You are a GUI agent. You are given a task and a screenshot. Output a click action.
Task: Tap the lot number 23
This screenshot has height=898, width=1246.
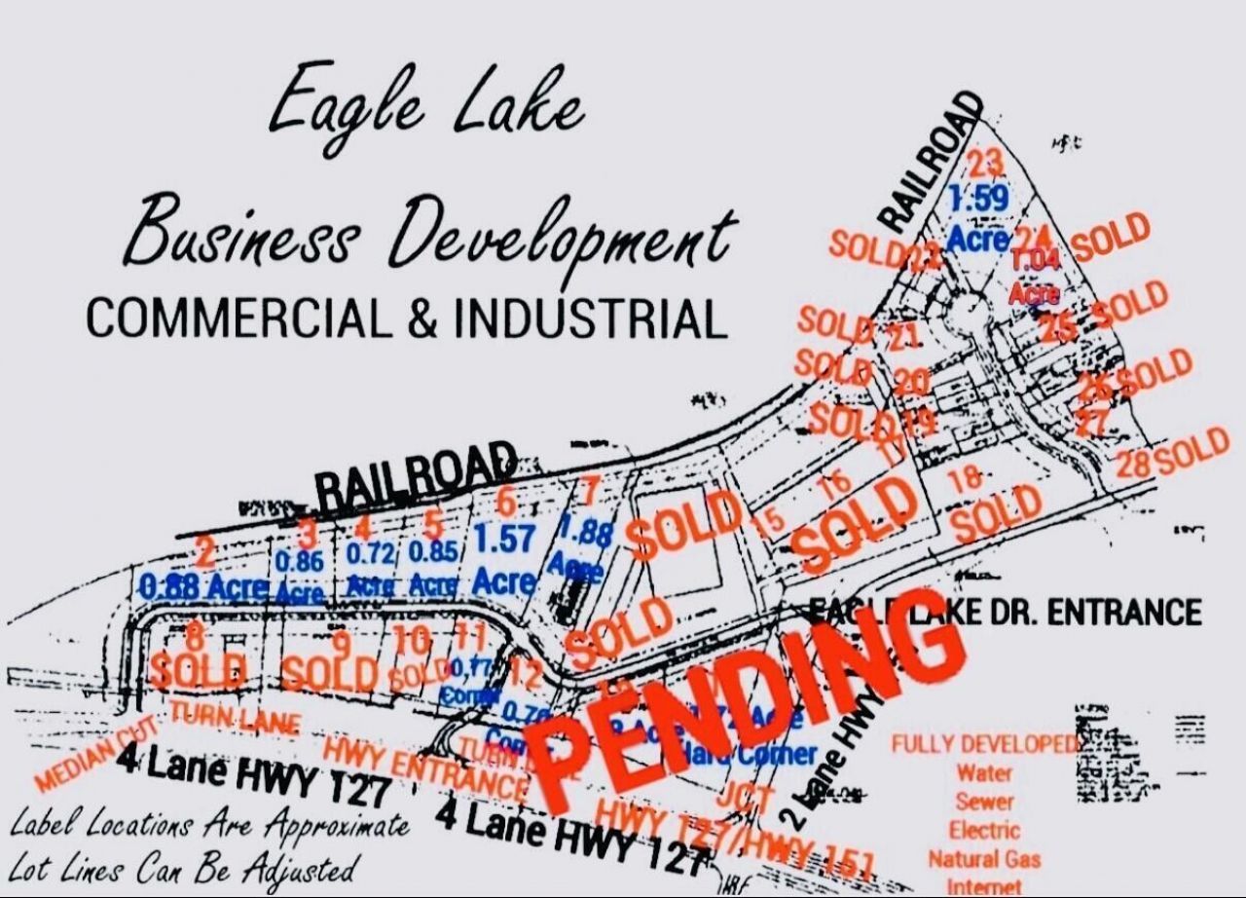[985, 162]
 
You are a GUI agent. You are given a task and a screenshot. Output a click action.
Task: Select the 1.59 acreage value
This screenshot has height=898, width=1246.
[978, 199]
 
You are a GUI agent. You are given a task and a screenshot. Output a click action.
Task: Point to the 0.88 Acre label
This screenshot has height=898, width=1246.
[203, 587]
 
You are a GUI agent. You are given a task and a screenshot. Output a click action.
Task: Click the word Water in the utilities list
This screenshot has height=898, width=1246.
[984, 773]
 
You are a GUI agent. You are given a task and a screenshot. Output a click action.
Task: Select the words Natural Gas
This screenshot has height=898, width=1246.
[984, 859]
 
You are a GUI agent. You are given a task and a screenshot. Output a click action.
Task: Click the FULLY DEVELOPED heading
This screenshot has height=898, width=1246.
[985, 744]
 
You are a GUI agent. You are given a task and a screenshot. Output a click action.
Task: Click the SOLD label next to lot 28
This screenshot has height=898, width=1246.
[1194, 450]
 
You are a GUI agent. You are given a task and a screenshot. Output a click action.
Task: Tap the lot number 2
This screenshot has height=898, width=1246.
[204, 552]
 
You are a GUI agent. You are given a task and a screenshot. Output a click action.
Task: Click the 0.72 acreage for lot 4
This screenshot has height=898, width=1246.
[369, 553]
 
